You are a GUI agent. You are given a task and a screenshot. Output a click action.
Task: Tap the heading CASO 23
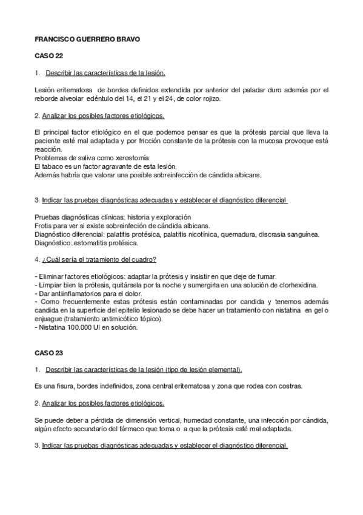[x=47, y=352]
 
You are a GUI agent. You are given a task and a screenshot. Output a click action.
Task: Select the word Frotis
[x=45, y=225]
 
